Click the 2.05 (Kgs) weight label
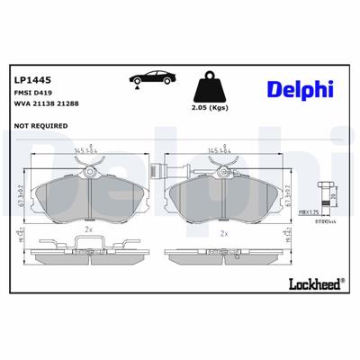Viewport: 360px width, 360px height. coord(211,117)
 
